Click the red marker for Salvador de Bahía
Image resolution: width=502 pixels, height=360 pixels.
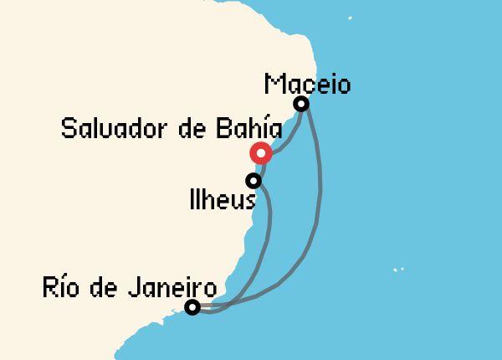[261, 153]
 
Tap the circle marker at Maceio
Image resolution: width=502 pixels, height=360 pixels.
[301, 104]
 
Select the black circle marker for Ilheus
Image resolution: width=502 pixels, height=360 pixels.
[253, 180]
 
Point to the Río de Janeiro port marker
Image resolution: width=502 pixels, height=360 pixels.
[192, 307]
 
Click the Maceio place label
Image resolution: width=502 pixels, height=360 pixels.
[307, 85]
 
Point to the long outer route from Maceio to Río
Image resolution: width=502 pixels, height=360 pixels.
[320, 201]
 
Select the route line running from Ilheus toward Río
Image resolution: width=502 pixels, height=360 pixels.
[266, 243]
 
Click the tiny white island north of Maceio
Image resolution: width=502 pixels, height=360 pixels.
[350, 18]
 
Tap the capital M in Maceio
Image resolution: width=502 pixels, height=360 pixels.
[274, 85]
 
